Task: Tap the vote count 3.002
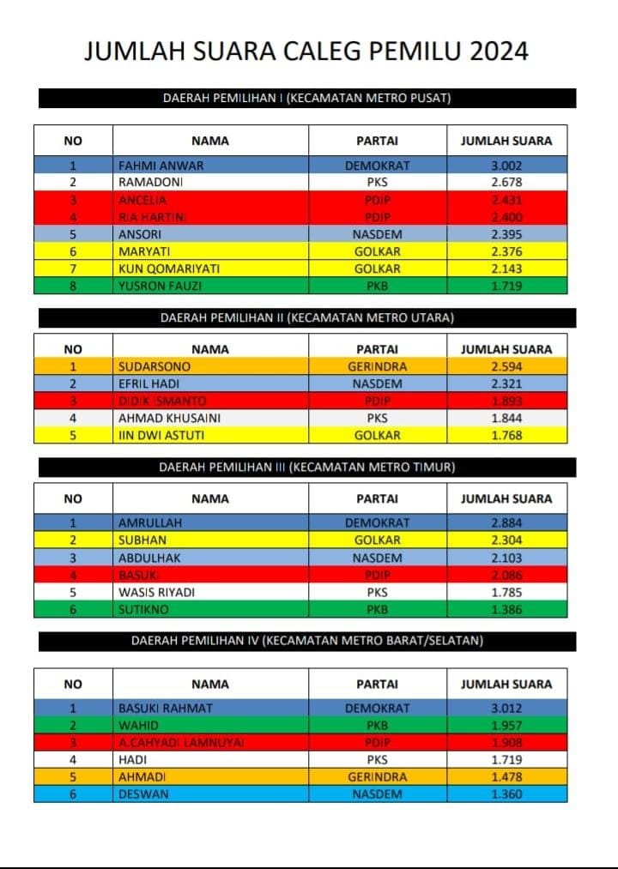[x=506, y=166]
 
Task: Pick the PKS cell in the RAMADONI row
[x=377, y=183]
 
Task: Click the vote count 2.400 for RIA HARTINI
[x=506, y=217]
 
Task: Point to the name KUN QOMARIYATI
[x=168, y=269]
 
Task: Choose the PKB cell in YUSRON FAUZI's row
[x=377, y=286]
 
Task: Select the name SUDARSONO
[x=154, y=367]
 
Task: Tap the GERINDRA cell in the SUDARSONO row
[x=377, y=367]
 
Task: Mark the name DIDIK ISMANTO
[x=162, y=401]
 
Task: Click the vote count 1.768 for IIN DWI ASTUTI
[x=506, y=435]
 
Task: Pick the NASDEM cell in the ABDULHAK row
[x=377, y=558]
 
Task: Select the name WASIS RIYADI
[x=156, y=592]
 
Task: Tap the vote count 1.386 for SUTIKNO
[x=506, y=609]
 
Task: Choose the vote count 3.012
[x=506, y=709]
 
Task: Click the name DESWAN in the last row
[x=142, y=794]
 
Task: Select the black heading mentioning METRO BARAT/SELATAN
[x=306, y=641]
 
